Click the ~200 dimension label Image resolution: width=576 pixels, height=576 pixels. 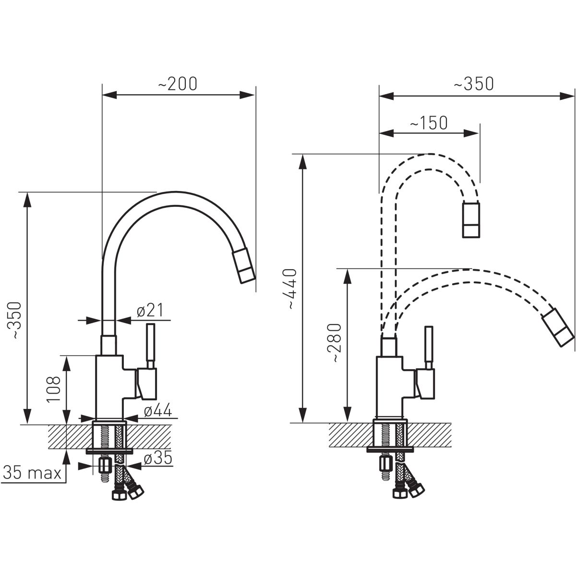178,84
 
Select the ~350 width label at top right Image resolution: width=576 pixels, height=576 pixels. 474,84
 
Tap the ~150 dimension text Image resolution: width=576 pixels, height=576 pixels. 428,123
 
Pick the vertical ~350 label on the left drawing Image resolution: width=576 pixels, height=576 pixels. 17,321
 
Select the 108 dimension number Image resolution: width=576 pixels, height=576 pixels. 54,389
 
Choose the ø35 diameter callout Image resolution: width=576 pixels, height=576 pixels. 158,458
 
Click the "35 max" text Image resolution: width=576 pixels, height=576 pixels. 33,473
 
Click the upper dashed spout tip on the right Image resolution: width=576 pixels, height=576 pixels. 471,220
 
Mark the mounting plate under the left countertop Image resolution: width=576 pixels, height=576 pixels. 109,451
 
